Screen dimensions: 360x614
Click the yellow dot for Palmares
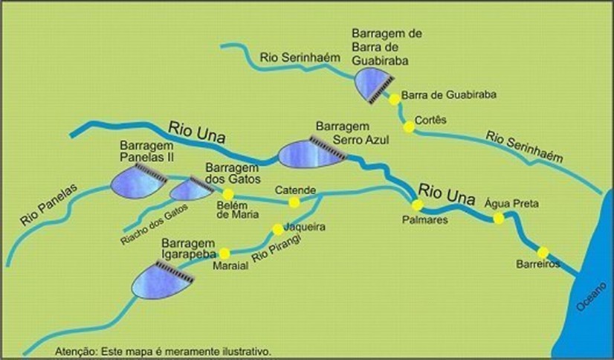(x=418, y=205)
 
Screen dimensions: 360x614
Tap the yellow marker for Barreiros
(x=543, y=252)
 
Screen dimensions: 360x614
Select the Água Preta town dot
(x=499, y=218)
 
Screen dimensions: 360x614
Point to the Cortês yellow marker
(x=408, y=126)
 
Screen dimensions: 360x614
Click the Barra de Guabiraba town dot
(x=395, y=99)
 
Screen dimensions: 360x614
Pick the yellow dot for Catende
(x=294, y=202)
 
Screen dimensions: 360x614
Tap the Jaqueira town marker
(x=278, y=230)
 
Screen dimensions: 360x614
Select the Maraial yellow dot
(x=224, y=253)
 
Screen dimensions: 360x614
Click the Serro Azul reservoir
(x=308, y=154)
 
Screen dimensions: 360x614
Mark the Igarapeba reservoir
(x=161, y=282)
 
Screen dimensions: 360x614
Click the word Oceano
(x=592, y=300)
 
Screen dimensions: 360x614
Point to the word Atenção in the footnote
(x=74, y=350)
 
